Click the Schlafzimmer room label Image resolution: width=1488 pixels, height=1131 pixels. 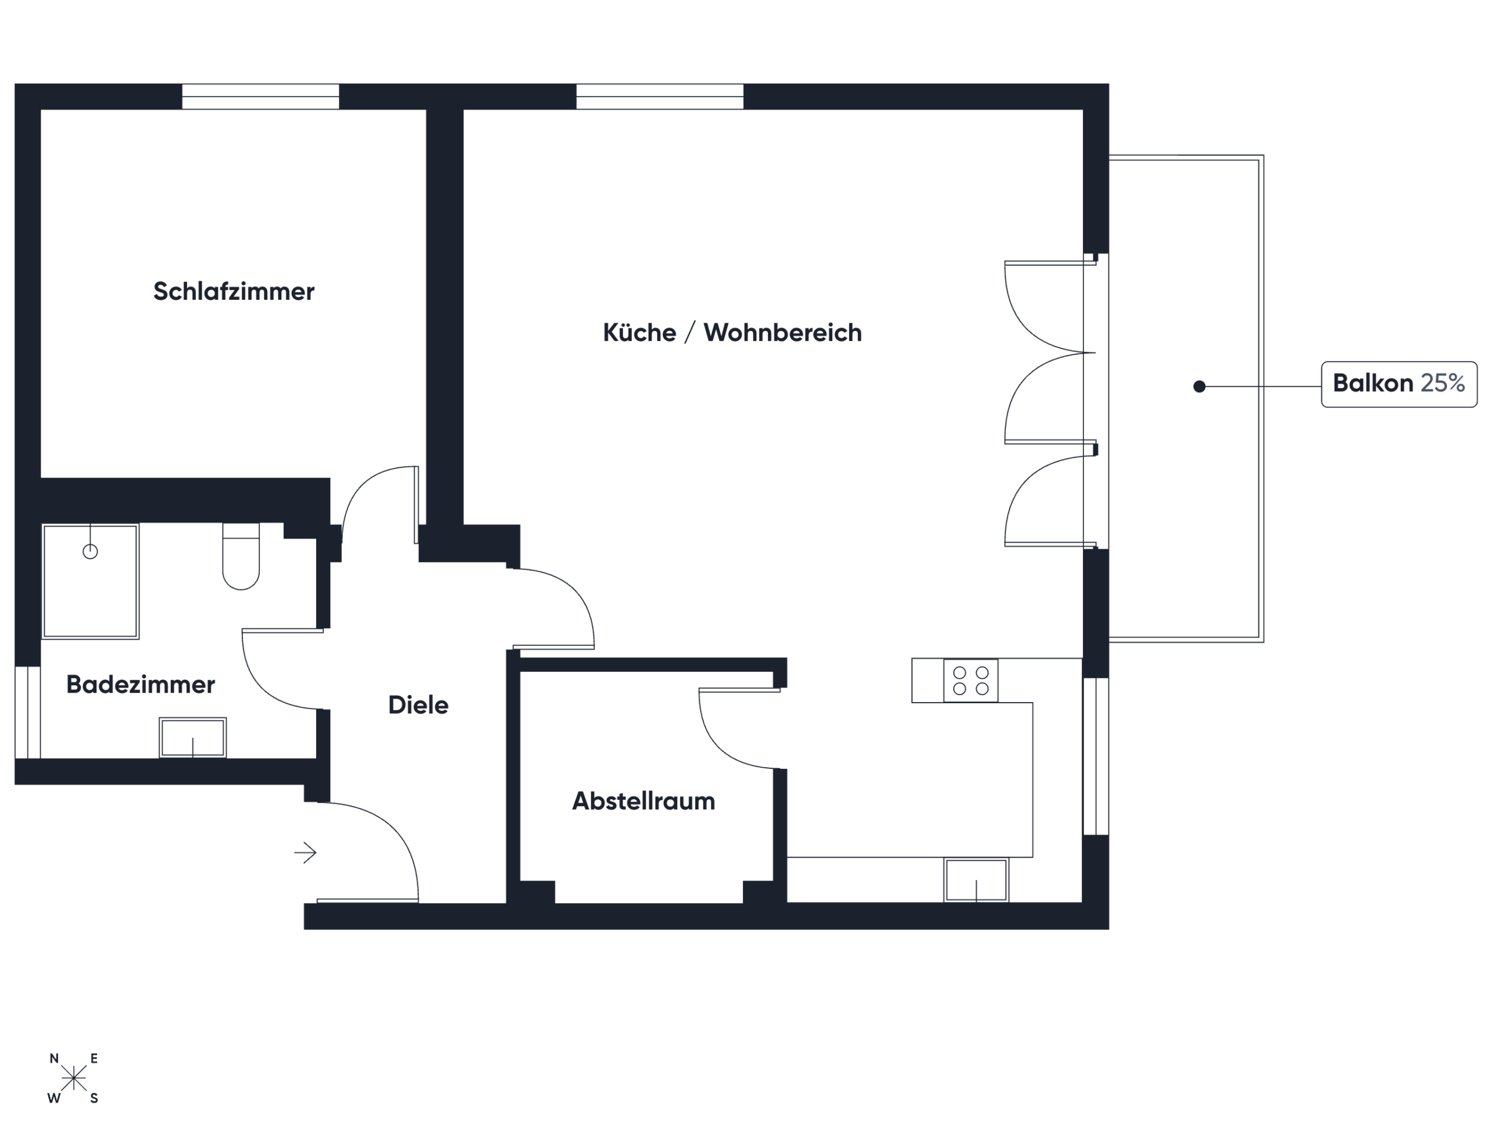coord(234,292)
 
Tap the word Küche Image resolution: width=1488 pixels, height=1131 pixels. coord(639,332)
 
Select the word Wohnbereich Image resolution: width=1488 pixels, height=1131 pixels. coord(782,332)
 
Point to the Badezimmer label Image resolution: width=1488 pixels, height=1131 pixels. coord(141,684)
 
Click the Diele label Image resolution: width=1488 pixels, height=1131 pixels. coord(418,705)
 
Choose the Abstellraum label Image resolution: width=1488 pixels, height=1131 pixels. coord(643,801)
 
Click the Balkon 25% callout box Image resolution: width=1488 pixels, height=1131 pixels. coord(1399,384)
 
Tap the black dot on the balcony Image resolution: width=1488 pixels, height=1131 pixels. coord(1199,386)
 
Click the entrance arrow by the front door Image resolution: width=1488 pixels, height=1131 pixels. coord(306,853)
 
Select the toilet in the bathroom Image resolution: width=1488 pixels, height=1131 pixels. coord(241,556)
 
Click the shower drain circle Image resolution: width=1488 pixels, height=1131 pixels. coord(90,552)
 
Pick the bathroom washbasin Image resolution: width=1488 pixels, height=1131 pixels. coord(192,738)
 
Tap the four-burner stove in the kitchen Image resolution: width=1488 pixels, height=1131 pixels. coord(971,681)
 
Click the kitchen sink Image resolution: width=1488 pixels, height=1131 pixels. coord(977,880)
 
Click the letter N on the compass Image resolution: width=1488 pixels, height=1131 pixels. coord(55,1059)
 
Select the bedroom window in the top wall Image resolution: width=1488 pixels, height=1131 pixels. coord(260,96)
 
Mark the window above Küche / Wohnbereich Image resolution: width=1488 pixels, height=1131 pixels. coord(660,96)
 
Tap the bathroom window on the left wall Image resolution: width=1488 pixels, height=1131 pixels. coord(27,713)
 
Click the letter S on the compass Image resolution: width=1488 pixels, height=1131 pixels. coord(94,1098)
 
